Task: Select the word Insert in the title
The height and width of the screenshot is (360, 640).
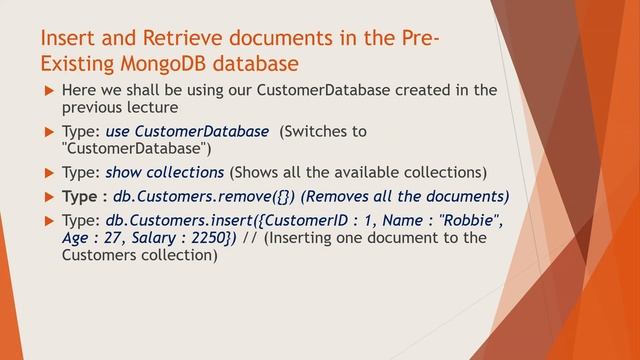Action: tap(67, 39)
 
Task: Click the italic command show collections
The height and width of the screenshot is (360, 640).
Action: tap(164, 172)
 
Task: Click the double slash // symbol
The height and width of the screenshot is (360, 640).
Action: tap(252, 238)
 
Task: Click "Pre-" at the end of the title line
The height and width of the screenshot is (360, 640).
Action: tap(417, 39)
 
